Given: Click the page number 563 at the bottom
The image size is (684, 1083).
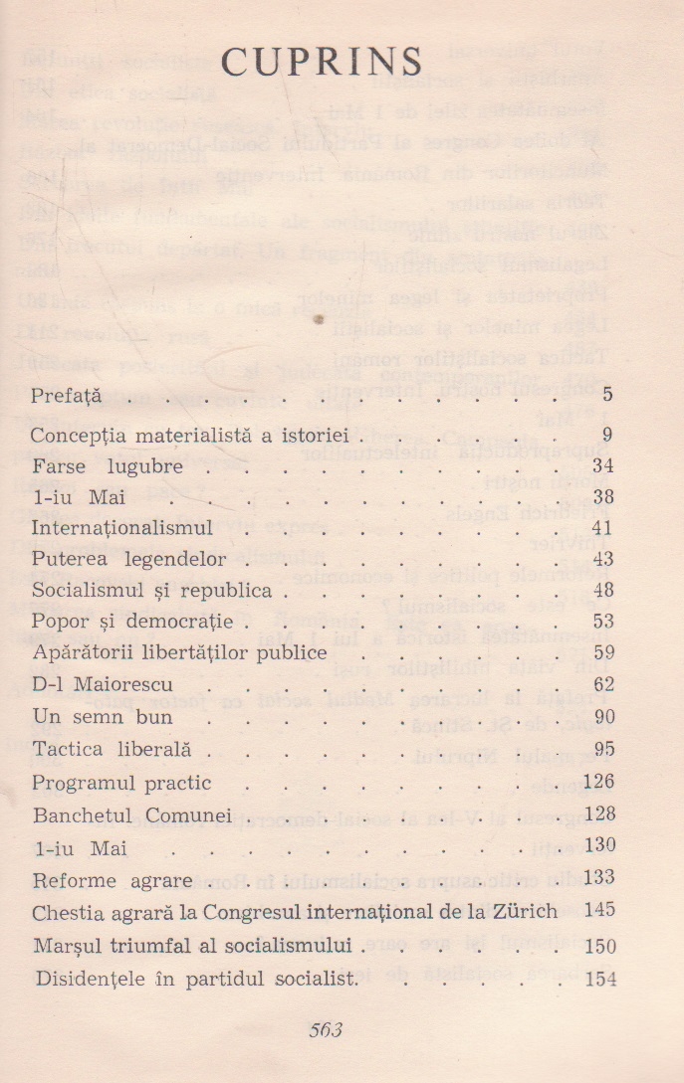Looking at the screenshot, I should point(326,1030).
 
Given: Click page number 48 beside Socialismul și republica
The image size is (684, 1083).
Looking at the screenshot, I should point(602,590).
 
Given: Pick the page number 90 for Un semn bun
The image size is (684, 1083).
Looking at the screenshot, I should point(602,716).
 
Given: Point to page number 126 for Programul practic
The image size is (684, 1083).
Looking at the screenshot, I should point(598,782).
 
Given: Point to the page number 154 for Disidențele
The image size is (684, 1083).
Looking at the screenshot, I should point(598,979).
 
